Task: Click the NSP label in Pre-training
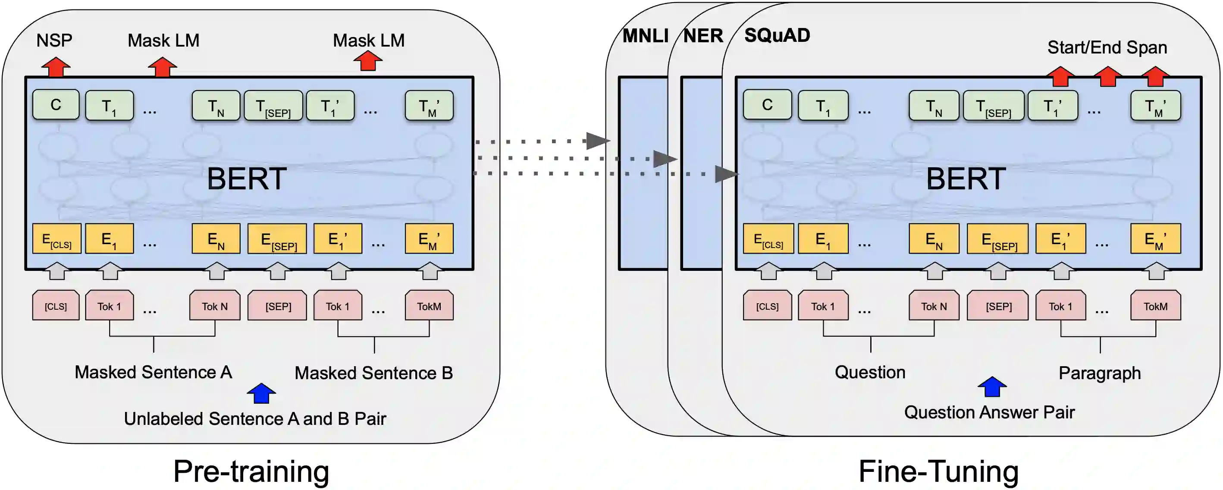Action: click(54, 41)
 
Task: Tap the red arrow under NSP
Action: click(56, 67)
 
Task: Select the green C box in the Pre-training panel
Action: click(56, 105)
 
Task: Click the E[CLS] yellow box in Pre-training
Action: click(56, 239)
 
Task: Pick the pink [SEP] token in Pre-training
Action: click(278, 306)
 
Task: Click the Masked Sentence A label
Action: click(153, 372)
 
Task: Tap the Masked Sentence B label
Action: click(373, 373)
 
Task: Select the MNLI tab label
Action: click(645, 36)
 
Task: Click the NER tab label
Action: click(702, 36)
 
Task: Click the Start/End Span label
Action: click(1107, 47)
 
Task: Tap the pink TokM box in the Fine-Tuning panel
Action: click(1155, 306)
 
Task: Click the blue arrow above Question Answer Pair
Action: click(992, 386)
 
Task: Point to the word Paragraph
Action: click(1099, 373)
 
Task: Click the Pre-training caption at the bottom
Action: click(251, 471)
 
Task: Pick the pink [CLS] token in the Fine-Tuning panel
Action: click(767, 306)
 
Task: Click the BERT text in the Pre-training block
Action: click(246, 179)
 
